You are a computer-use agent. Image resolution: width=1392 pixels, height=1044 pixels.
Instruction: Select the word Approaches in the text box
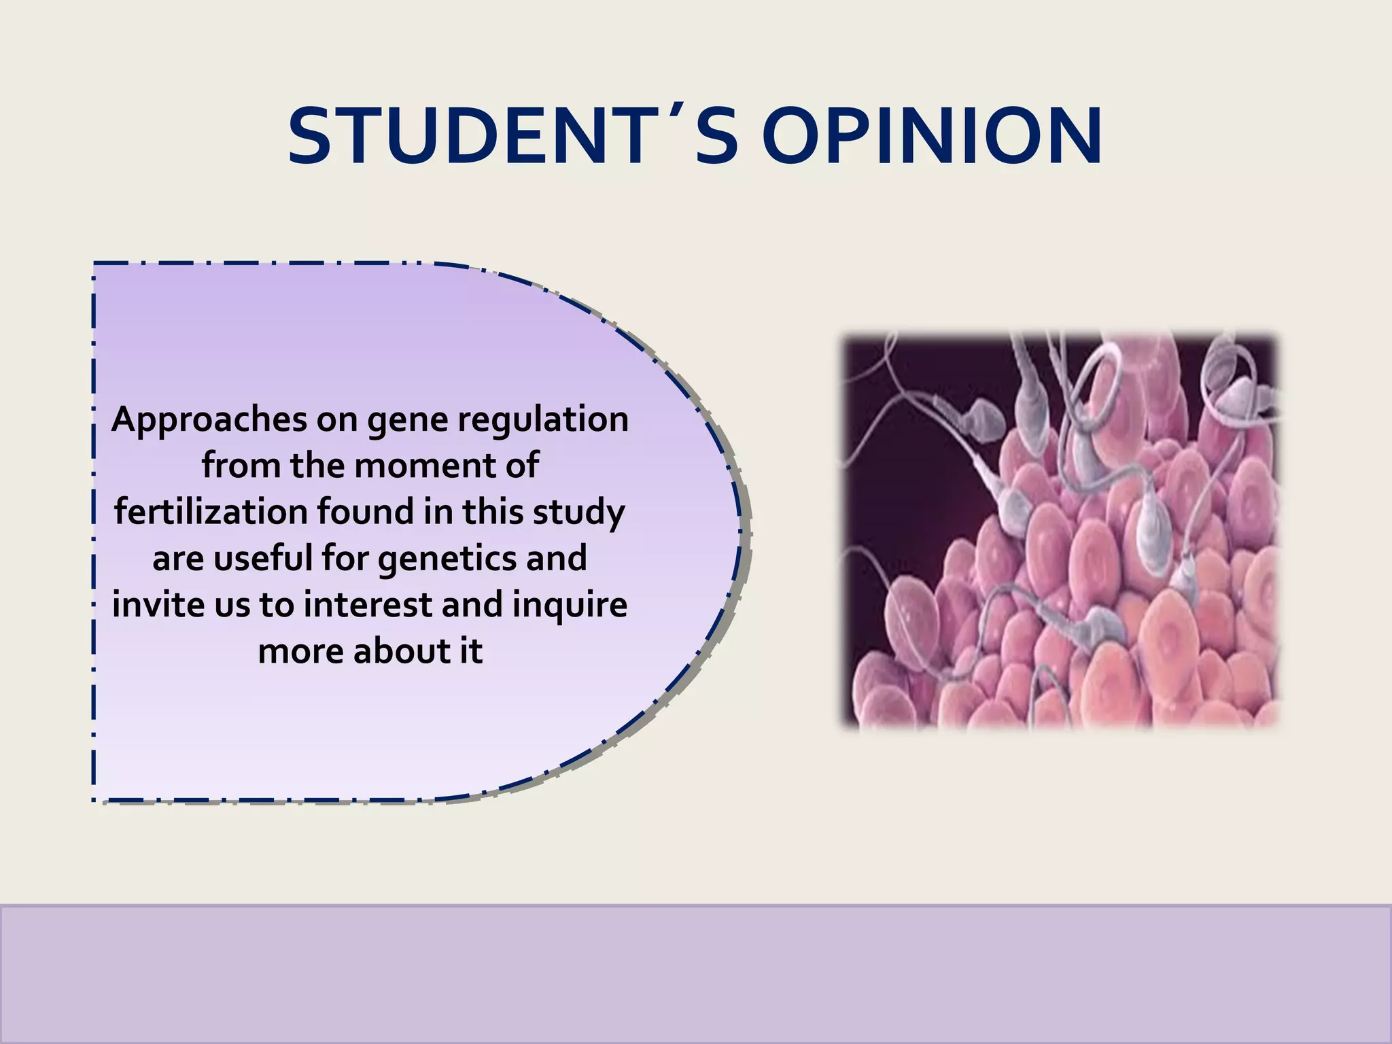click(209, 420)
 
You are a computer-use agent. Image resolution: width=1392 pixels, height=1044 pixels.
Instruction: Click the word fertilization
click(211, 512)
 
